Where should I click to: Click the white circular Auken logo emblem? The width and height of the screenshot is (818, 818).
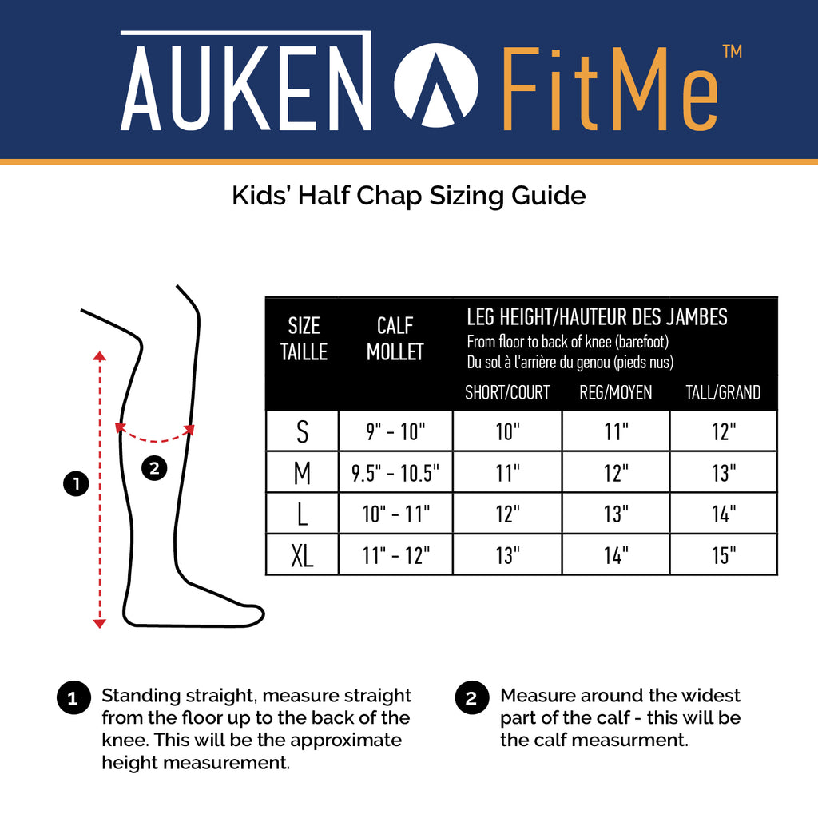pos(435,85)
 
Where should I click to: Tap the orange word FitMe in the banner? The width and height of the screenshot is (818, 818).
pos(610,89)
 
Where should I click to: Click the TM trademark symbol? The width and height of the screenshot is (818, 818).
pos(732,51)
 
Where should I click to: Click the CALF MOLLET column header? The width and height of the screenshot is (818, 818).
pos(395,339)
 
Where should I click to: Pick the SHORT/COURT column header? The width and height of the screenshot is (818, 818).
pos(507,392)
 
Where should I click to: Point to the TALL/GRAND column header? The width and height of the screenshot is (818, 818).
pos(722,392)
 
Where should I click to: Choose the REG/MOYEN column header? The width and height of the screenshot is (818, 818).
pos(616,392)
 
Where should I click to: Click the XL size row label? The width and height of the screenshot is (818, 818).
pos(302,555)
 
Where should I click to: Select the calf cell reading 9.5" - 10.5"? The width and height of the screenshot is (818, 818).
pos(395,473)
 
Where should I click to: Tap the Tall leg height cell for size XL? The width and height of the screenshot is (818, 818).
pos(724,555)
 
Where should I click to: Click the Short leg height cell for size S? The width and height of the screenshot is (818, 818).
pos(507,431)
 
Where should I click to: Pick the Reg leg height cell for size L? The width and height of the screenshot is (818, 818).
pos(616,514)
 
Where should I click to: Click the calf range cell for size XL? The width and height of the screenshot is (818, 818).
pos(396,555)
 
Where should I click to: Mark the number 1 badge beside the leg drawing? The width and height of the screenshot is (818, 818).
pos(76,483)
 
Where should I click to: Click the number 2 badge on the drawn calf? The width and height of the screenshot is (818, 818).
pos(154,467)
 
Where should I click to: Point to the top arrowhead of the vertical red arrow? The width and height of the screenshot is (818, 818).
pos(99,355)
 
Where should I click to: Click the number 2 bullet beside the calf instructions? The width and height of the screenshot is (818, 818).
pos(471,697)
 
